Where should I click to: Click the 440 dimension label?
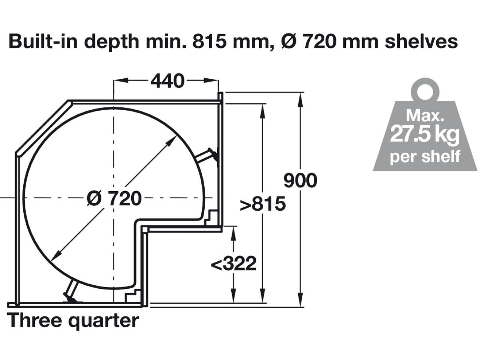coord(167,81)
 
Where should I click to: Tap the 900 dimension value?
coord(300,180)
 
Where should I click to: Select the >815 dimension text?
coord(263,204)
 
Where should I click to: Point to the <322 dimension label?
coord(234,264)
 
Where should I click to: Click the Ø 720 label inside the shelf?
coord(114,198)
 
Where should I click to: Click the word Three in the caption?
coord(34,320)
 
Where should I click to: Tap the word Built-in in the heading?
coord(43,41)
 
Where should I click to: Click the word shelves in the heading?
coord(421,41)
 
